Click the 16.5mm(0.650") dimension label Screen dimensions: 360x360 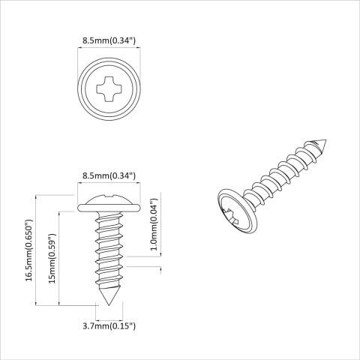(28, 250)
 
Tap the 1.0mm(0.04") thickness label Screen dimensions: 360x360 (154, 224)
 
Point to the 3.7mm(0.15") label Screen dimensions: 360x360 (109, 325)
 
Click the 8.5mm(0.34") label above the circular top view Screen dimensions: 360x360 (109, 42)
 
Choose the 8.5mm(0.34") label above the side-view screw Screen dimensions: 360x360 (109, 175)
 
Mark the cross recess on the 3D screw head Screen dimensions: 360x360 (233, 218)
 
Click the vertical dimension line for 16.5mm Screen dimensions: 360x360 (37, 250)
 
